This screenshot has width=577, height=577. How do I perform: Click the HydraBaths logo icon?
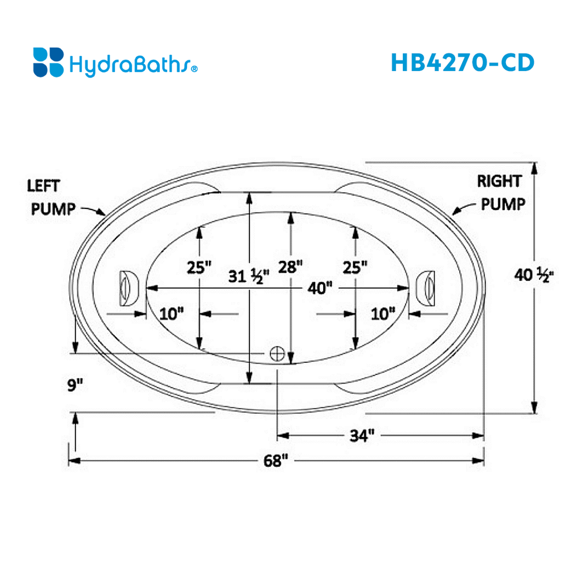(x=48, y=62)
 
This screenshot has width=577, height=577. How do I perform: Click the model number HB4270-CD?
(x=462, y=62)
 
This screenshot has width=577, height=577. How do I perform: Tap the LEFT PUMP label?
(x=53, y=197)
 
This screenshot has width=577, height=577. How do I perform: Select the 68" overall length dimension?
(x=276, y=461)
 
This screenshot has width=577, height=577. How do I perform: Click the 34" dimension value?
(x=362, y=436)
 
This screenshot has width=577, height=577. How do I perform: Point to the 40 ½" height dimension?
(x=534, y=276)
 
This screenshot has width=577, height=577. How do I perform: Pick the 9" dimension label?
(x=73, y=384)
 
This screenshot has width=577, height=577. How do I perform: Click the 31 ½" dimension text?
(x=245, y=277)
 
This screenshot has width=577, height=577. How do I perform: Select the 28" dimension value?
(x=291, y=267)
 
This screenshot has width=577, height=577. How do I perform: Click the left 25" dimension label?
(x=200, y=267)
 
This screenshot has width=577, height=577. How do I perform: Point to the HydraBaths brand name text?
(x=133, y=63)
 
